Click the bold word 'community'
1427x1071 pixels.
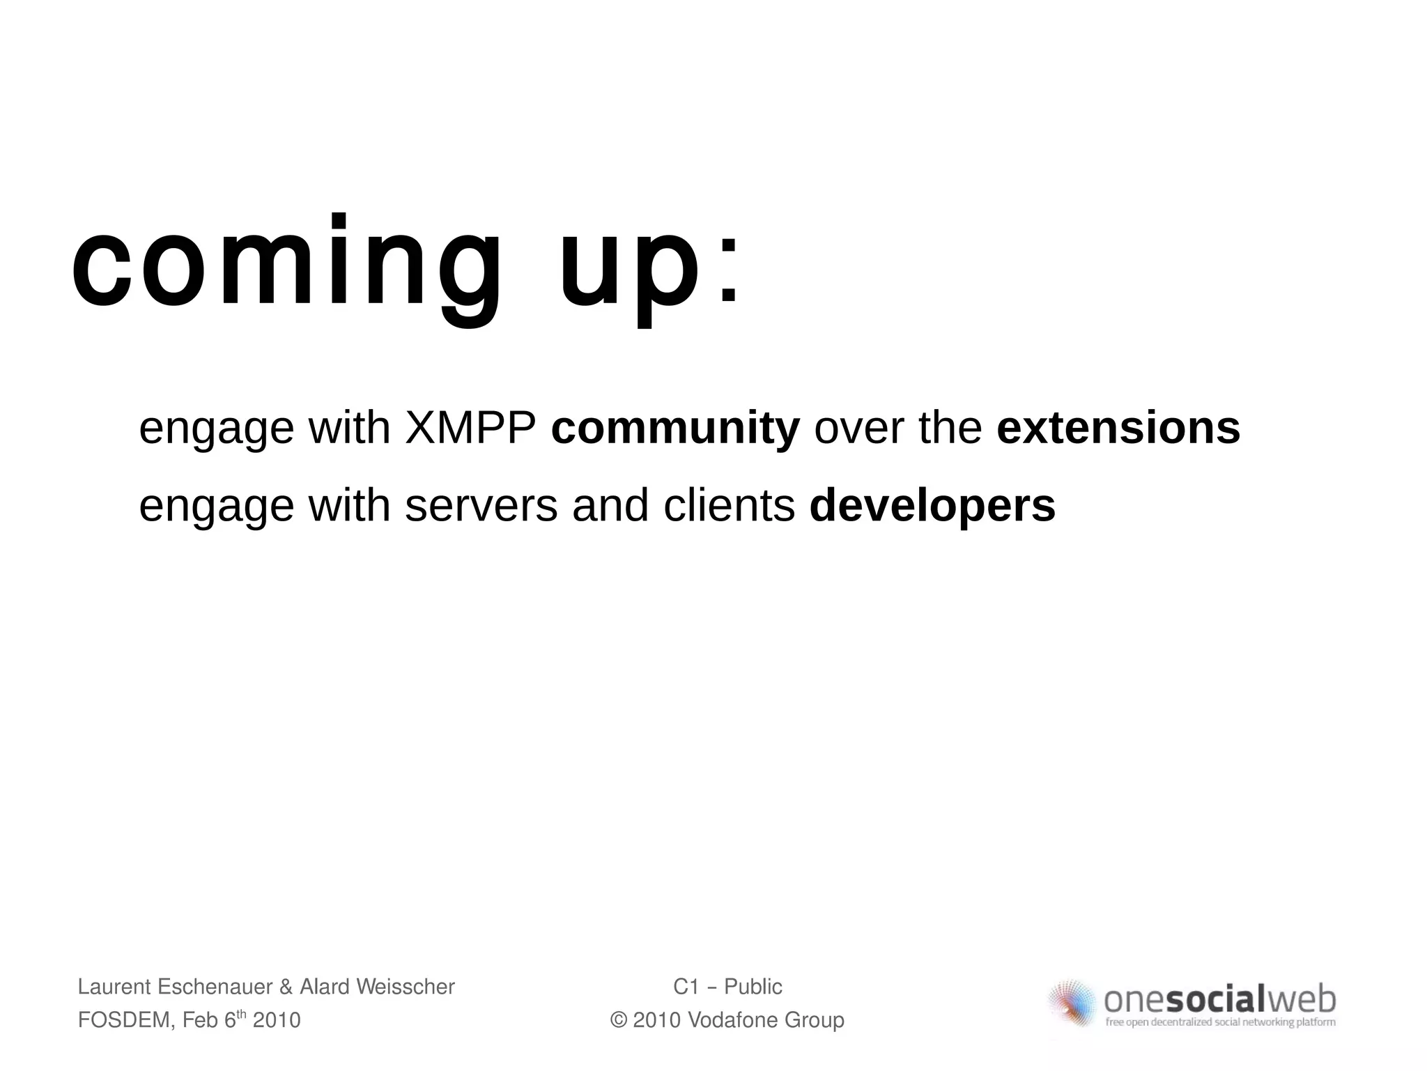pos(675,429)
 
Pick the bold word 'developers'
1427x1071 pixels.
pos(932,507)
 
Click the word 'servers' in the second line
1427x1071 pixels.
pos(481,506)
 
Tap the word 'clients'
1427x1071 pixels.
pos(729,506)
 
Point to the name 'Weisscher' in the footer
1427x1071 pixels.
pos(405,987)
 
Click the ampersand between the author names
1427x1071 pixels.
pos(286,987)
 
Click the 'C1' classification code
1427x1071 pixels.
pos(686,987)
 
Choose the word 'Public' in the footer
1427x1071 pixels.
pos(753,987)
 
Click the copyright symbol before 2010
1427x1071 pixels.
pos(618,1021)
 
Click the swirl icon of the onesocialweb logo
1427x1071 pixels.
pos(1073,1003)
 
